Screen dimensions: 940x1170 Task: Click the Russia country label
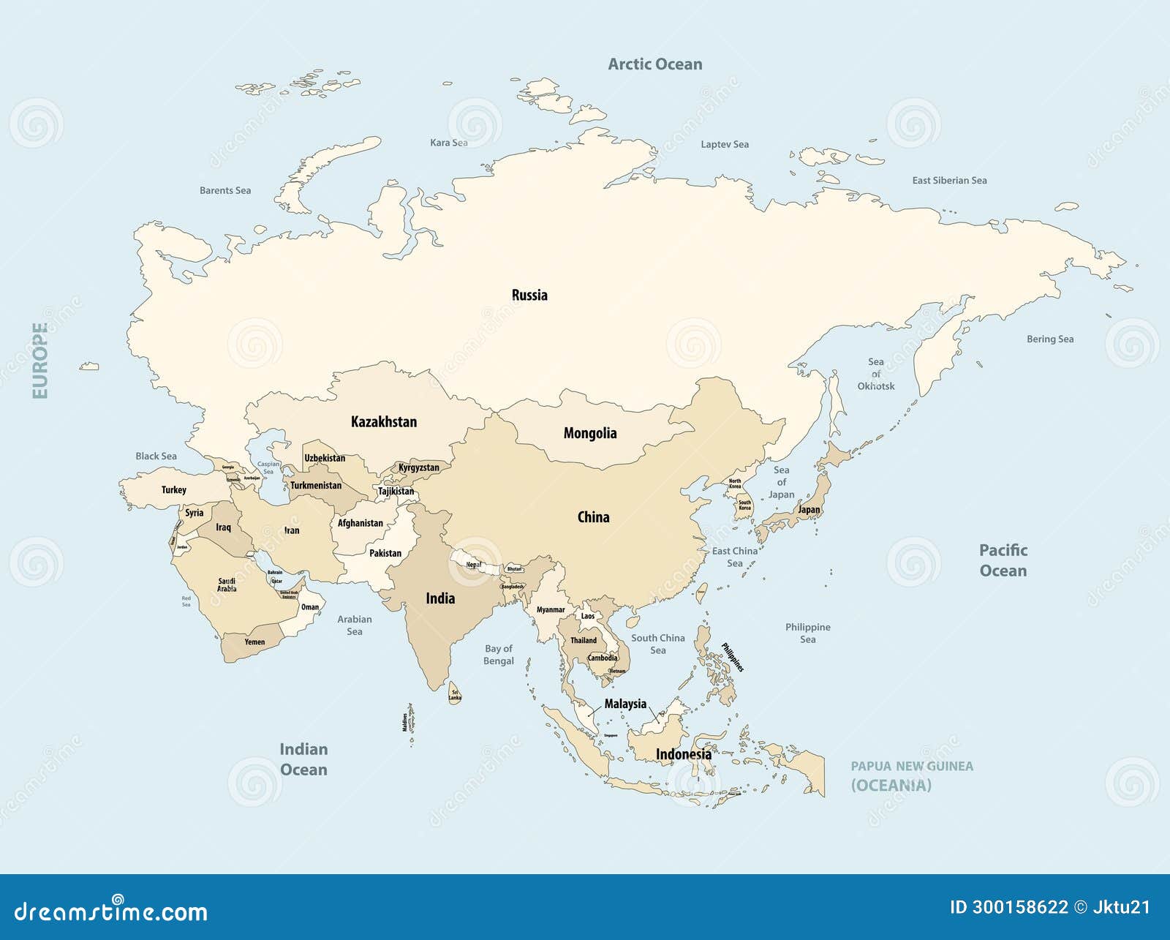(529, 296)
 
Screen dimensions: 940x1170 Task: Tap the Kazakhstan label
(384, 422)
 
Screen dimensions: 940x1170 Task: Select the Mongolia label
(589, 433)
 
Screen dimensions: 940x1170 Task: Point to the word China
(593, 517)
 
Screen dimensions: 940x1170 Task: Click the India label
(440, 598)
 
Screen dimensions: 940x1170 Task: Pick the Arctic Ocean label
(654, 64)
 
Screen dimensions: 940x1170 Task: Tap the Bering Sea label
(1049, 339)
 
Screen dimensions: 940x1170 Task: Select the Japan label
(809, 510)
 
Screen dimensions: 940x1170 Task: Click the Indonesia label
(683, 754)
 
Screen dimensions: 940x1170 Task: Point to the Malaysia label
(625, 704)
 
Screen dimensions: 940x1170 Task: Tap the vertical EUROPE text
(40, 361)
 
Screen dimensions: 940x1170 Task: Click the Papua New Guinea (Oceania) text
(911, 775)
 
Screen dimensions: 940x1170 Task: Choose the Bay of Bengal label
(499, 655)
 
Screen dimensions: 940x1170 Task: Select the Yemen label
(254, 642)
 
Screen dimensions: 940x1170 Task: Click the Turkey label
(174, 490)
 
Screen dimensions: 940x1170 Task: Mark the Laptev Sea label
(724, 145)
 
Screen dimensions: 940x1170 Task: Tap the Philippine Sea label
(807, 633)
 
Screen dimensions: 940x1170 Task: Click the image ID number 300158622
(1019, 907)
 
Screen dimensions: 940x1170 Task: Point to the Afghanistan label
(360, 523)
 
